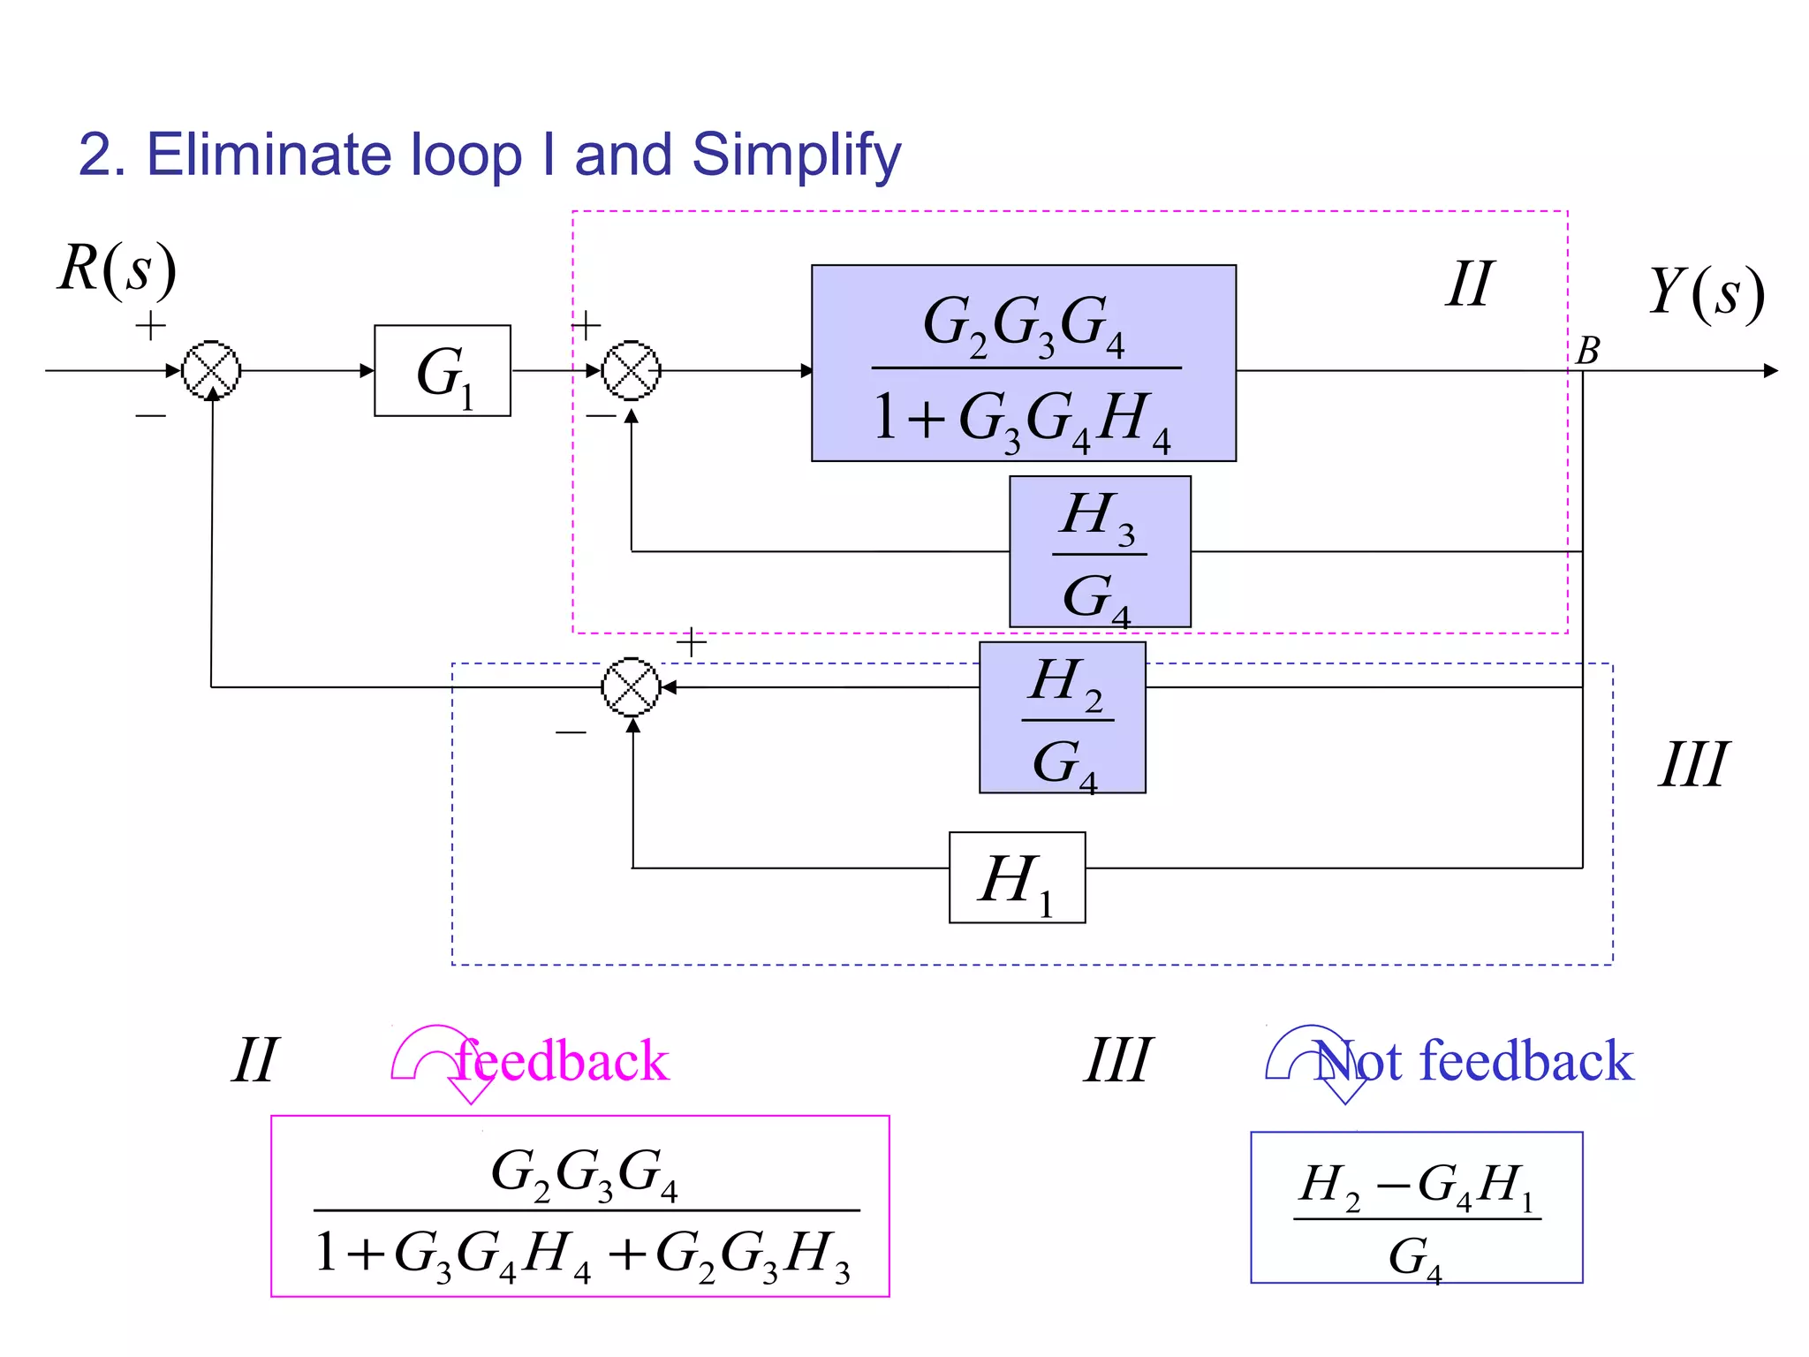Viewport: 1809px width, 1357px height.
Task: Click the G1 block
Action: pyautogui.click(x=442, y=371)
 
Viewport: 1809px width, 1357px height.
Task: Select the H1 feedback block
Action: pyautogui.click(x=1017, y=878)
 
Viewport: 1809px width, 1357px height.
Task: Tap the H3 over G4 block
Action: pyautogui.click(x=1100, y=552)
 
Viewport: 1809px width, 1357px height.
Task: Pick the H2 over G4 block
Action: pyautogui.click(x=1062, y=717)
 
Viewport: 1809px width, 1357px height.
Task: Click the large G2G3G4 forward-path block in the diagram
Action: pyautogui.click(x=1023, y=363)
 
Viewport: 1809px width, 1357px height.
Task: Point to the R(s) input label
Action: pyautogui.click(x=117, y=269)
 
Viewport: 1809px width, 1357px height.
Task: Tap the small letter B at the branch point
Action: pyautogui.click(x=1587, y=351)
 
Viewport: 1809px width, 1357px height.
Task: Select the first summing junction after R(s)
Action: pyautogui.click(x=211, y=370)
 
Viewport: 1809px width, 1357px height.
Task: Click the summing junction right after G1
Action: pyautogui.click(x=631, y=370)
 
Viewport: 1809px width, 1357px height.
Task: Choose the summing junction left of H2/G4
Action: pyautogui.click(x=631, y=686)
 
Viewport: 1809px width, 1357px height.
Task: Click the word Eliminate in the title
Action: pyautogui.click(x=269, y=155)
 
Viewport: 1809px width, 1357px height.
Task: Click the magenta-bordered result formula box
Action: pyautogui.click(x=579, y=1206)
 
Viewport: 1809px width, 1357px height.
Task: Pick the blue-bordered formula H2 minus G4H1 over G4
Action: pyautogui.click(x=1416, y=1208)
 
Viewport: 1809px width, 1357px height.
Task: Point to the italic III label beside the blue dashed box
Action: pyautogui.click(x=1692, y=765)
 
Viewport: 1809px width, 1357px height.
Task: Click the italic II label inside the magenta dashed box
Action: pyautogui.click(x=1469, y=284)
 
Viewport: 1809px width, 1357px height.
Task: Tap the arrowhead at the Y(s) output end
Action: pyautogui.click(x=1770, y=370)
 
